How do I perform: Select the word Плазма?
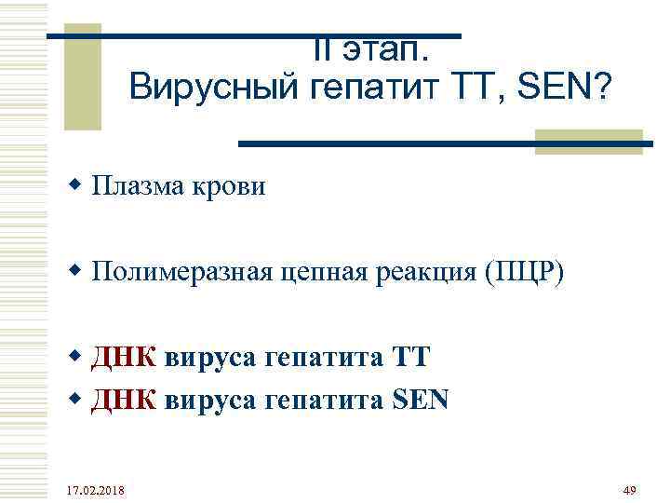(141, 186)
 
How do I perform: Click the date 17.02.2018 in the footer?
(99, 490)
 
